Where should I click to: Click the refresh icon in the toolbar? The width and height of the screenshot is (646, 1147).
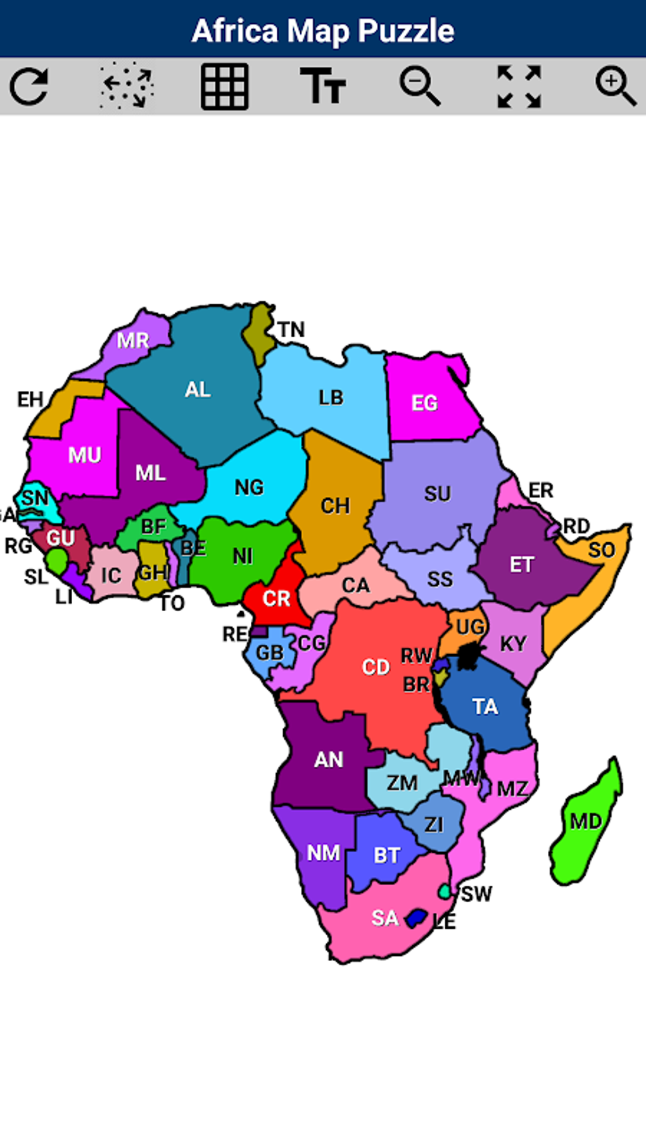(x=29, y=87)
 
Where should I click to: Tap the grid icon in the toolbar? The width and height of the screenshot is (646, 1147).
(x=224, y=87)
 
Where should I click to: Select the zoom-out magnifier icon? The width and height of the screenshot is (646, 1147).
(x=420, y=87)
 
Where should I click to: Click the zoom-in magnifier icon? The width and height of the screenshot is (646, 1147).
(x=616, y=87)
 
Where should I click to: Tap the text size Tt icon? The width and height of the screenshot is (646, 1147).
(x=322, y=87)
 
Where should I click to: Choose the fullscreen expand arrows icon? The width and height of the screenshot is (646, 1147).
(x=519, y=87)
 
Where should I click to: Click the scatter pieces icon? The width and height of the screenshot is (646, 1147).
(x=127, y=87)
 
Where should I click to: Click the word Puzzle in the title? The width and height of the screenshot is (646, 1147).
(x=406, y=30)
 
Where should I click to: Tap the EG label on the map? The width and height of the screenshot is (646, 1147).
(x=424, y=403)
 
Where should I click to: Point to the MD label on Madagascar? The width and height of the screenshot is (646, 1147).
(x=586, y=821)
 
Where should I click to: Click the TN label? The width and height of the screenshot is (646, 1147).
(x=291, y=330)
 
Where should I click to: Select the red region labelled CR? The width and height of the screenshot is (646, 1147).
(x=276, y=598)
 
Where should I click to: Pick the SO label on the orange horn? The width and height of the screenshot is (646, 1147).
(x=602, y=550)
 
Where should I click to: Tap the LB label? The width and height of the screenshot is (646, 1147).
(x=331, y=398)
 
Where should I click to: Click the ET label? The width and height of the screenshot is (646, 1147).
(x=522, y=564)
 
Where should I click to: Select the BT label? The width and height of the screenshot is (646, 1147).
(x=386, y=855)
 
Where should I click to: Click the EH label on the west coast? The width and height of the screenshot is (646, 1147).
(x=30, y=400)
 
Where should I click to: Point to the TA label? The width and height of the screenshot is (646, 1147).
(x=485, y=707)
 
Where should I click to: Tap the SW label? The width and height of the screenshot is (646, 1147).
(x=476, y=894)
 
